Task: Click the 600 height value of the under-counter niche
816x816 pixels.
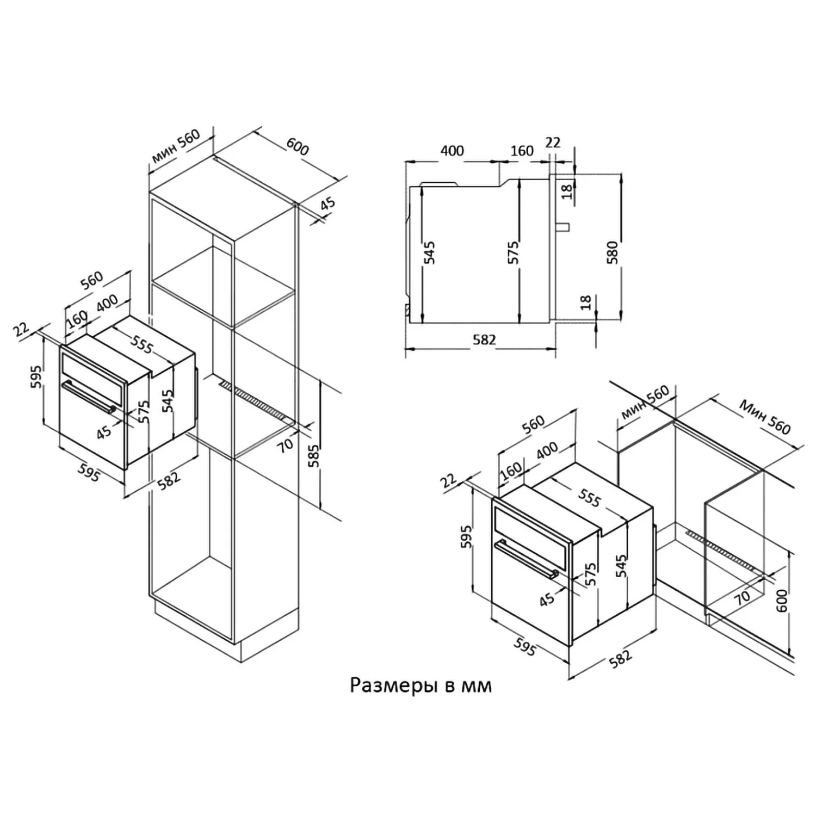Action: point(782,601)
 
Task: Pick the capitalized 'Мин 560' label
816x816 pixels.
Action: point(764,418)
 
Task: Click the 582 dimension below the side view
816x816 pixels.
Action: point(484,339)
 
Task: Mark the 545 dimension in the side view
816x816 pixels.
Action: point(430,253)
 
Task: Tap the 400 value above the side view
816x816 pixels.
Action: point(452,151)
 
